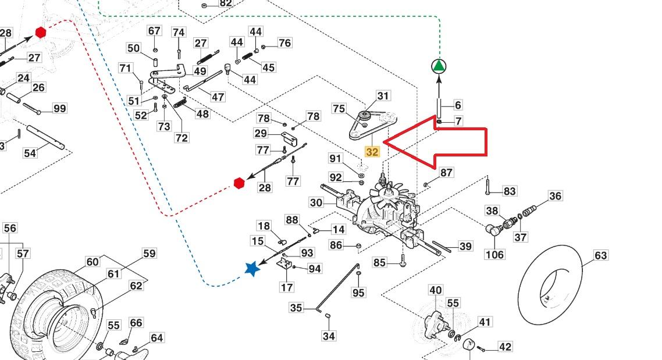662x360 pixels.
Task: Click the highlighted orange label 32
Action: pyautogui.click(x=372, y=152)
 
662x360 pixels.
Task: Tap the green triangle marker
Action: pyautogui.click(x=439, y=66)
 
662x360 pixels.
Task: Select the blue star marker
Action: pyautogui.click(x=252, y=269)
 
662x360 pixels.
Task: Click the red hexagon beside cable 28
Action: pyautogui.click(x=239, y=183)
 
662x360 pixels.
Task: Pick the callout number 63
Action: pyautogui.click(x=600, y=255)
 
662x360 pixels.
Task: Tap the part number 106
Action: pyautogui.click(x=494, y=254)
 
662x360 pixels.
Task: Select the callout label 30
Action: pyautogui.click(x=316, y=202)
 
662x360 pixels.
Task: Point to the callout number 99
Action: pyautogui.click(x=59, y=108)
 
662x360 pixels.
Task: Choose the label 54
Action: pyautogui.click(x=30, y=152)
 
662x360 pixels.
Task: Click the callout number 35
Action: pyautogui.click(x=296, y=307)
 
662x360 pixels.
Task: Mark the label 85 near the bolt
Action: pyautogui.click(x=379, y=263)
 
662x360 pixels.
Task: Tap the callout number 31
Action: pyautogui.click(x=383, y=96)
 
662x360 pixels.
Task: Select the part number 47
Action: pyautogui.click(x=218, y=97)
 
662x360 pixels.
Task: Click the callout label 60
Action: pyautogui.click(x=92, y=262)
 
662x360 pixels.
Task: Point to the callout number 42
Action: pyautogui.click(x=504, y=347)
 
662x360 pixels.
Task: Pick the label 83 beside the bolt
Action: pyautogui.click(x=509, y=191)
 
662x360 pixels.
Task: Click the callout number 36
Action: pyautogui.click(x=555, y=196)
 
